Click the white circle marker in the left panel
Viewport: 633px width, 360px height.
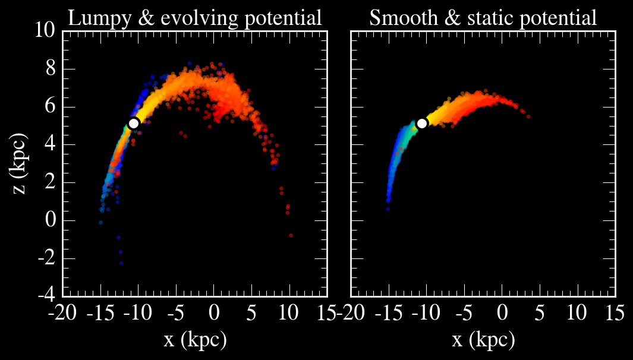134,123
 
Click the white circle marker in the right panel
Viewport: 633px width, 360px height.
422,123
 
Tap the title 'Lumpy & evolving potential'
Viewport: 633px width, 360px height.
195,18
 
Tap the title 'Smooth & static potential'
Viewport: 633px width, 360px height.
483,18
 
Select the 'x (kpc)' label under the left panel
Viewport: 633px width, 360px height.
195,340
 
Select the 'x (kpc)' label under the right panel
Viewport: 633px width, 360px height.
483,340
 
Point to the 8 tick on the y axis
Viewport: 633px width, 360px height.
50,70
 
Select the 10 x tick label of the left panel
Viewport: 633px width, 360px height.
289,312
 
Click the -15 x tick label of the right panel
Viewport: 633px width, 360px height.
389,312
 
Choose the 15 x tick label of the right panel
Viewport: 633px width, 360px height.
615,312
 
